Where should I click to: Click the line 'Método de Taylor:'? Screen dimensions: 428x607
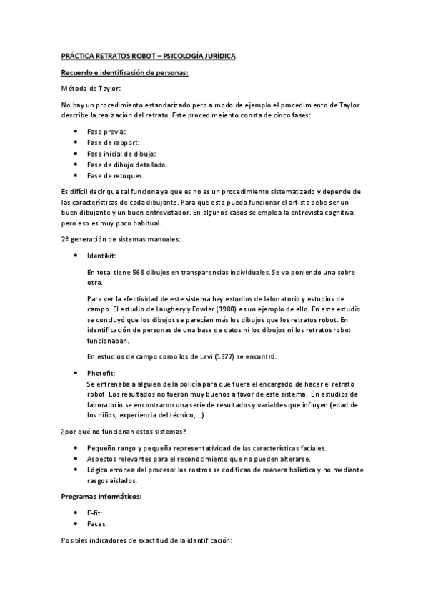click(91, 89)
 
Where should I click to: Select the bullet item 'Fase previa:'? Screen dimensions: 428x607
click(106, 132)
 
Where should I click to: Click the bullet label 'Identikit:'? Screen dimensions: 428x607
click(102, 256)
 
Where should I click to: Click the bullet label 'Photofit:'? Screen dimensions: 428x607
click(101, 374)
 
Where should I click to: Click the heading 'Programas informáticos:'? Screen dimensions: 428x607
click(102, 495)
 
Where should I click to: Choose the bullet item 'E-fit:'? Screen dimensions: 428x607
click(96, 513)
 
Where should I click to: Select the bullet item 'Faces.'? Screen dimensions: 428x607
click(97, 524)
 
